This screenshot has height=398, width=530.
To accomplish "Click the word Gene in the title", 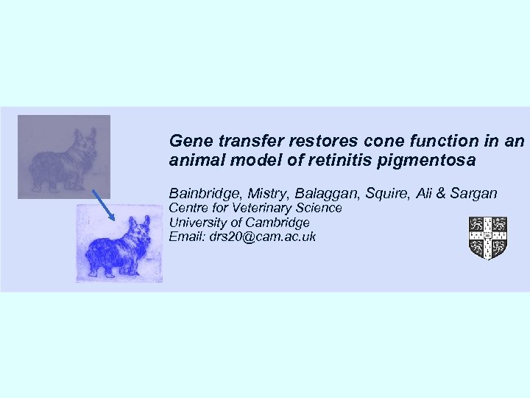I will click(x=187, y=139).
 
